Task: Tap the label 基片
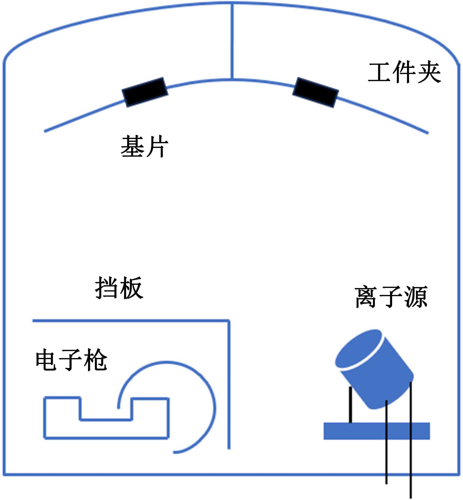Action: click(144, 146)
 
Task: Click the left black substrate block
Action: click(145, 92)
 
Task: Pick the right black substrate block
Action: click(316, 92)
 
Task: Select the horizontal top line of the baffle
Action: click(130, 321)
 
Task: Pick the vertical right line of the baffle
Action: click(229, 385)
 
